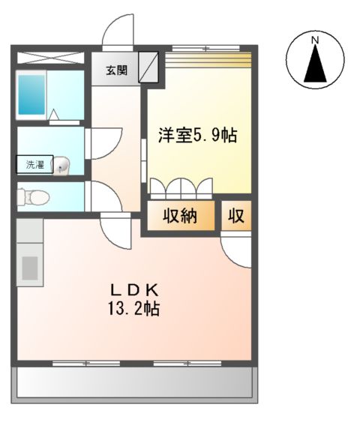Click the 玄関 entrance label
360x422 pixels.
click(116, 71)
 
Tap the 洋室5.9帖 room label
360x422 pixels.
click(197, 136)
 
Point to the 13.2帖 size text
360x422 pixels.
click(136, 308)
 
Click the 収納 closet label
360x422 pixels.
click(181, 216)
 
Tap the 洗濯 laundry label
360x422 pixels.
click(34, 164)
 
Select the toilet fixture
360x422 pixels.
click(33, 197)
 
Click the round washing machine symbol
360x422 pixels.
click(64, 164)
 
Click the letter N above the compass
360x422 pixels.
click(316, 40)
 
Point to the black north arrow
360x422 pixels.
click(316, 64)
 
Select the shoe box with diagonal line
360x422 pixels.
click(148, 66)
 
